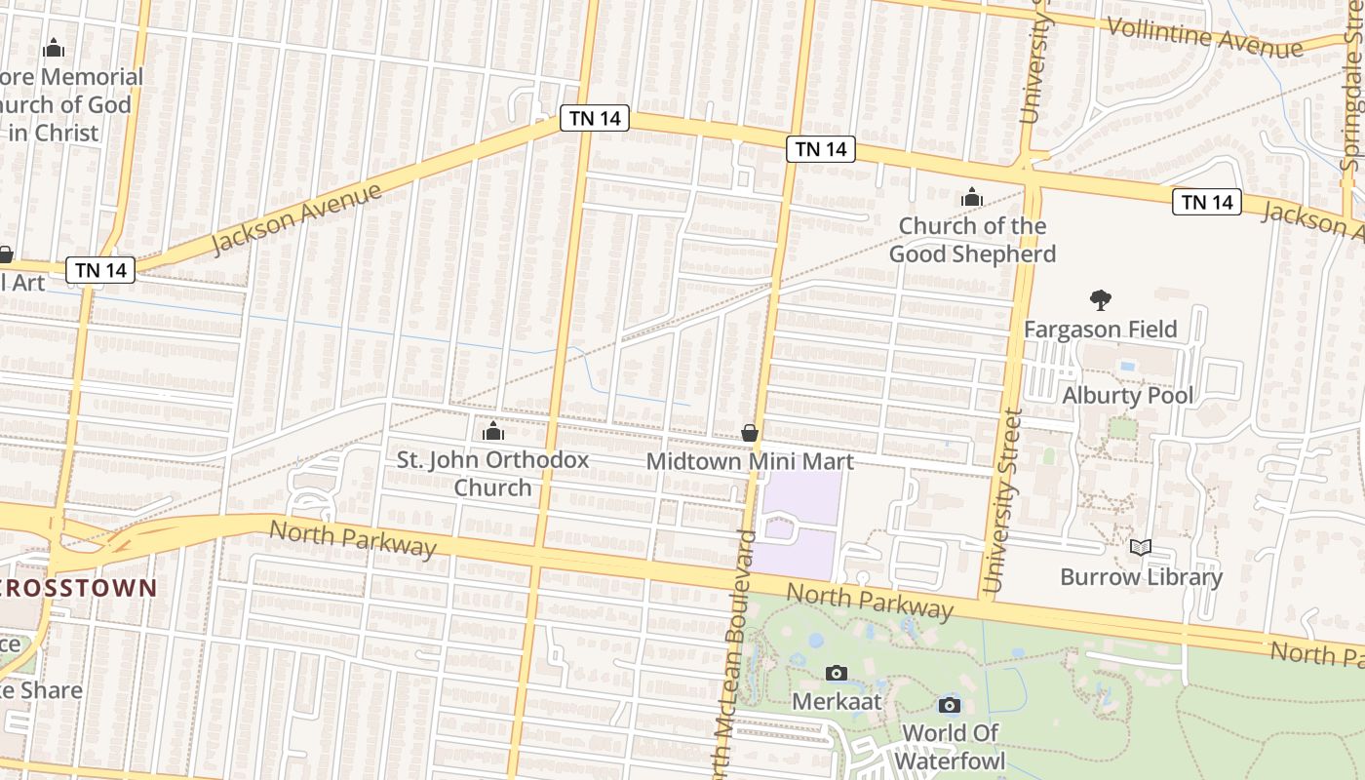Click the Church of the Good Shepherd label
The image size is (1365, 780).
pyautogui.click(x=972, y=240)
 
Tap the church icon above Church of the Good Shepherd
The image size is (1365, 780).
pyautogui.click(x=971, y=198)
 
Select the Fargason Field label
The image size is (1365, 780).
pyautogui.click(x=1100, y=330)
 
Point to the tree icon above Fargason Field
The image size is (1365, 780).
pyautogui.click(x=1101, y=299)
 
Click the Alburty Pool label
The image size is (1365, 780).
pyautogui.click(x=1127, y=396)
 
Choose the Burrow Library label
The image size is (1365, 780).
pyautogui.click(x=1141, y=577)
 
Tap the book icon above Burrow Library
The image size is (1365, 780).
pyautogui.click(x=1141, y=547)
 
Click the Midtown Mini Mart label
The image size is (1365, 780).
pyautogui.click(x=750, y=462)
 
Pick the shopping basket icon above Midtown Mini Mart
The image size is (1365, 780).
pyautogui.click(x=750, y=433)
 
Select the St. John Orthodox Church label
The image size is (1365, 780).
pyautogui.click(x=492, y=473)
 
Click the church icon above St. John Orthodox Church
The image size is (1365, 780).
pyautogui.click(x=493, y=431)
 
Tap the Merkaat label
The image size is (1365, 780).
pyautogui.click(x=837, y=702)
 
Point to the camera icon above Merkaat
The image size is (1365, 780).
pyautogui.click(x=837, y=673)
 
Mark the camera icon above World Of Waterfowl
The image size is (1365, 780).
pyautogui.click(x=950, y=705)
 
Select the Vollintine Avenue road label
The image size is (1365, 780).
pyautogui.click(x=1205, y=37)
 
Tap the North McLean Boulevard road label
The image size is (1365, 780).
pyautogui.click(x=733, y=653)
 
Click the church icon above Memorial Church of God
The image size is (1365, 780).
pyautogui.click(x=54, y=48)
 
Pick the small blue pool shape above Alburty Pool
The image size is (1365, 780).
pyautogui.click(x=1128, y=367)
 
